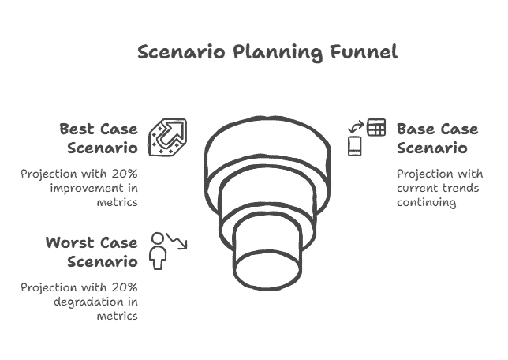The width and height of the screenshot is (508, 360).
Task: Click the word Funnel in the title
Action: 364,52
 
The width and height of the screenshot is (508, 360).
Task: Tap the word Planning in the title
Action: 278,53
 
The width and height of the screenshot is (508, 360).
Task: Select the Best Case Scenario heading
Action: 99,138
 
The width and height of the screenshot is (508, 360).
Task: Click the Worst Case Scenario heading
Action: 92,252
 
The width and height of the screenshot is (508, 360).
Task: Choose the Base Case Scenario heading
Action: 437,138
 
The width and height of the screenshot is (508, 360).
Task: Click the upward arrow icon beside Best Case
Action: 167,137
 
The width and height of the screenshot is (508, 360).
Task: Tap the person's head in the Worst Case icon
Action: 158,238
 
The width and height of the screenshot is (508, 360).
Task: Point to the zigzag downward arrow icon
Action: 177,241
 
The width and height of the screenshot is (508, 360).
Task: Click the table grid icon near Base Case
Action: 376,127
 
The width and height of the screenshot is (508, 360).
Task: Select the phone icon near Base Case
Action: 355,146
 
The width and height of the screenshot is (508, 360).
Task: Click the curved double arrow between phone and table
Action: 356,127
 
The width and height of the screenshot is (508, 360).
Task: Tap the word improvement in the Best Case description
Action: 87,189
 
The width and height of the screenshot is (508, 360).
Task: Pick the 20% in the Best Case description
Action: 125,174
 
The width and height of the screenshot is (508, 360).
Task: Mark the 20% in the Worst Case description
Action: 125,287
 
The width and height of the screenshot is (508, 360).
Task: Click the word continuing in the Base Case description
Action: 426,203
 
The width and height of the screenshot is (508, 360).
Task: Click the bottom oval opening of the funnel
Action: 267,270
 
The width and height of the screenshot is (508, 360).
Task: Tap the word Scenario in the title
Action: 181,52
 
